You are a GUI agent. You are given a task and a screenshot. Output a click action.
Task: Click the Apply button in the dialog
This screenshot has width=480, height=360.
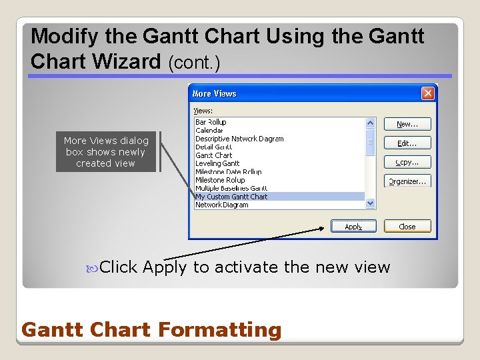[x=353, y=227]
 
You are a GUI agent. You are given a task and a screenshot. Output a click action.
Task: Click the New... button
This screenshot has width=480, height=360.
[x=407, y=124]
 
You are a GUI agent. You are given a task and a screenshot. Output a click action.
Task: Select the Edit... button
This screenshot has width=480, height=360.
[x=407, y=143]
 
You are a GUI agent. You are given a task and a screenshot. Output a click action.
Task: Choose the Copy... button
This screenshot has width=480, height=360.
[x=407, y=162]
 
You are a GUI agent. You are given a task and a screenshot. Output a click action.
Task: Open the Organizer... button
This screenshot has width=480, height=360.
[x=407, y=181]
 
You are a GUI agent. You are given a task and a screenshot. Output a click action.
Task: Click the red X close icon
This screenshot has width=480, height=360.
[x=428, y=93]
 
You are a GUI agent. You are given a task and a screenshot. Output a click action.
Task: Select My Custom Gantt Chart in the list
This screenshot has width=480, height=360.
[x=231, y=197]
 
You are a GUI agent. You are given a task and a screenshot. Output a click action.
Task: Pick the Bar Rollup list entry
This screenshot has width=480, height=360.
[x=211, y=122]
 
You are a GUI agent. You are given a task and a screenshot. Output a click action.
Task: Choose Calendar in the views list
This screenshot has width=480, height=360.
[x=208, y=131]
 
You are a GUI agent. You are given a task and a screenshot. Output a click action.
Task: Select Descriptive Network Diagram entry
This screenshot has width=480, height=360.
[x=239, y=139]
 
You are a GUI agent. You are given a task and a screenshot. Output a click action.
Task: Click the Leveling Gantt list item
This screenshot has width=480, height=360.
[x=217, y=163]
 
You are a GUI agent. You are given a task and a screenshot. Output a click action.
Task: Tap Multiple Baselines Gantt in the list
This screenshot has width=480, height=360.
[x=231, y=188]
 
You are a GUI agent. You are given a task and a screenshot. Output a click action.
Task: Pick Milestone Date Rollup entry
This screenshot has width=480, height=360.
[x=228, y=172]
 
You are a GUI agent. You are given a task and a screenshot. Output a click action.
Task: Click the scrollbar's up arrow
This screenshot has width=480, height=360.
[x=371, y=123]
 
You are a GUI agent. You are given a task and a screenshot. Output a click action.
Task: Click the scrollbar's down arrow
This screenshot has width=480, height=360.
[x=371, y=203]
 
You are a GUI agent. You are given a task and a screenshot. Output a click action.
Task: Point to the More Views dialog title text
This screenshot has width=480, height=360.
[x=215, y=94]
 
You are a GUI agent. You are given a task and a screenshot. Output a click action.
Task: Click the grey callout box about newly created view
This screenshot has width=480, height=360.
[x=106, y=152]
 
